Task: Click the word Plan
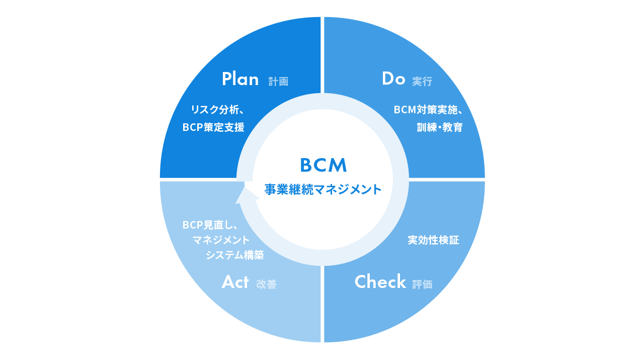(240, 79)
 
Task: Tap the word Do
(393, 79)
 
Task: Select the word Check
(380, 282)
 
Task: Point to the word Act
(235, 282)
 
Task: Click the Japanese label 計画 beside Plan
(278, 82)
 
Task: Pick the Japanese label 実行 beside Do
(422, 82)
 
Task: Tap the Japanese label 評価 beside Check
(422, 284)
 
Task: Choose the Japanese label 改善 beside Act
(266, 284)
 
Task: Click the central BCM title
(323, 165)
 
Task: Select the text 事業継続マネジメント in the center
(323, 190)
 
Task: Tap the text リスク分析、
(217, 109)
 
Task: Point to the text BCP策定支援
(213, 128)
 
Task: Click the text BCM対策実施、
(428, 109)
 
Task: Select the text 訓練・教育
(439, 128)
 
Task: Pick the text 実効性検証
(433, 240)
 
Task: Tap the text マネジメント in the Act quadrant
(221, 240)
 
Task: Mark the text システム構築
(234, 255)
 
